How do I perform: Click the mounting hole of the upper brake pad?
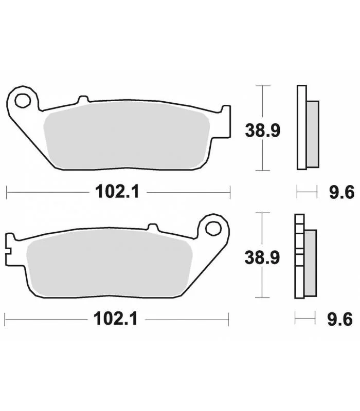pos(23,100)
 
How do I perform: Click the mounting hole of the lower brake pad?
pos(213,228)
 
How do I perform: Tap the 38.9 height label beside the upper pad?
pos(263,130)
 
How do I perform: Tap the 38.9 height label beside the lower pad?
pos(262,257)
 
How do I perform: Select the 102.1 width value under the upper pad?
pos(117,192)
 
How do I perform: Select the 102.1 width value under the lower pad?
pos(115,319)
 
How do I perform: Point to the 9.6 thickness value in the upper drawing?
pos(341,192)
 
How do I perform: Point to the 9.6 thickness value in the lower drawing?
pos(340,320)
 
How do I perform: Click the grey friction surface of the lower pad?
pos(110,264)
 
